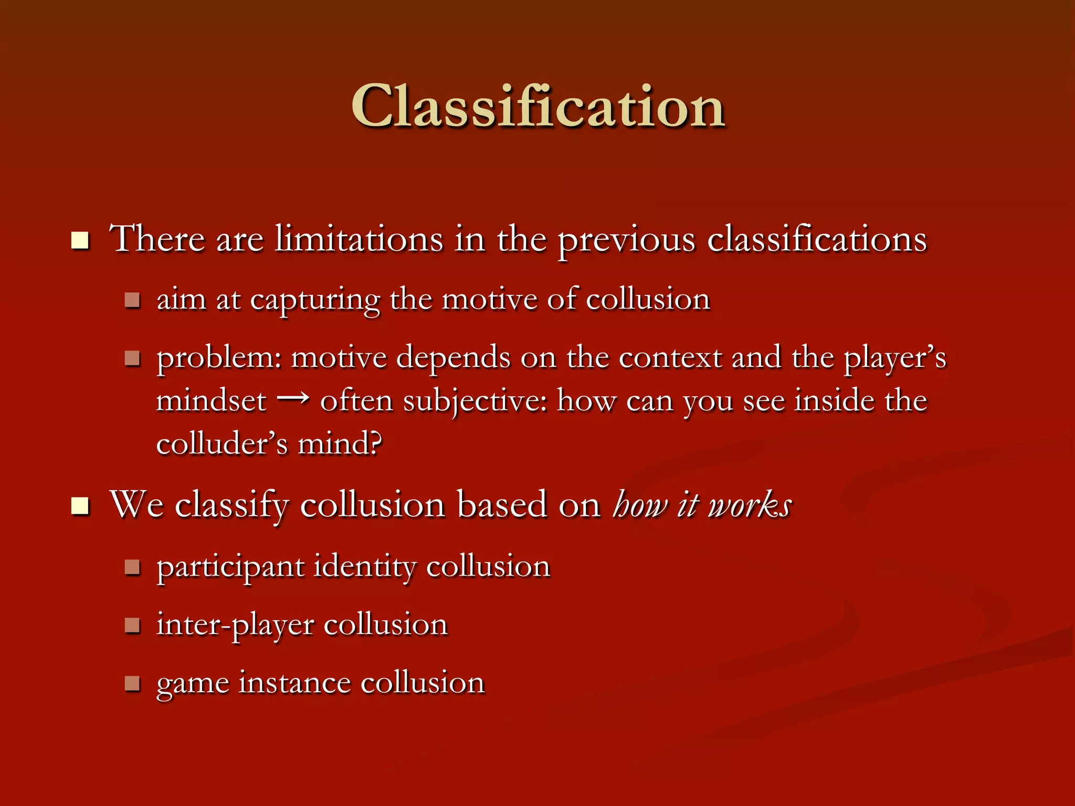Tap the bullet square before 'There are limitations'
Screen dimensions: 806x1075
(x=80, y=241)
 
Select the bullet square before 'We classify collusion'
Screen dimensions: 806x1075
(x=80, y=506)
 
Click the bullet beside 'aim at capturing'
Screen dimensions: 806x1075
(x=132, y=301)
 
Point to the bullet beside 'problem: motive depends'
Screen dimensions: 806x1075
(x=132, y=358)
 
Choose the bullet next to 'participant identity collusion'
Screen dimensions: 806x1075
(x=132, y=567)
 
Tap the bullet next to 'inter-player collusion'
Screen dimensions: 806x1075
(x=132, y=625)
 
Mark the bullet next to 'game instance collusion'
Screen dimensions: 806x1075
(x=132, y=683)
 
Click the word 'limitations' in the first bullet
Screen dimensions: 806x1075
(x=359, y=239)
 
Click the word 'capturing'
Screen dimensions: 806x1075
(x=315, y=301)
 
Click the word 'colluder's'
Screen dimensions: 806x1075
(x=222, y=443)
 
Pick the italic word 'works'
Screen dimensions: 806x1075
(x=750, y=505)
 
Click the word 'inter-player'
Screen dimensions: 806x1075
(x=235, y=625)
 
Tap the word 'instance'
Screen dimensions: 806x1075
(x=294, y=683)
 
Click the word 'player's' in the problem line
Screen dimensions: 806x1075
(x=895, y=359)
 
